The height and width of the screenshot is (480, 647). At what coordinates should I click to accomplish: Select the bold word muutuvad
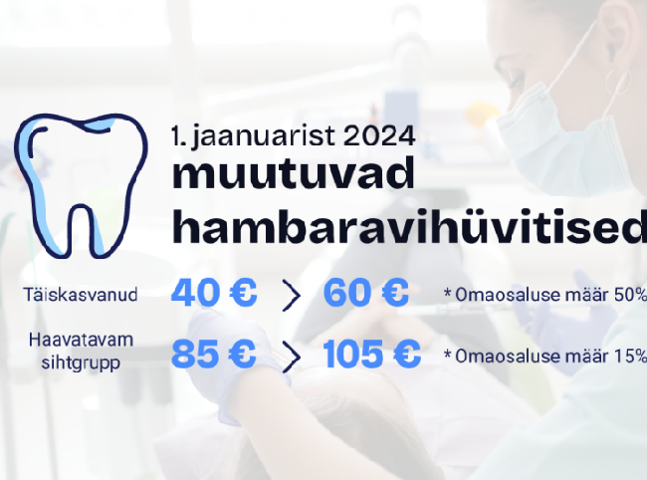[x=293, y=173]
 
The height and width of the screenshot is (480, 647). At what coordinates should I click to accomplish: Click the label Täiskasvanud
[x=81, y=295]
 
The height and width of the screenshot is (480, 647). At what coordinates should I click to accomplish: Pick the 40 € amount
[x=214, y=292]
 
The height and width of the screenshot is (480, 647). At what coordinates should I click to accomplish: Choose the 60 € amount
[x=366, y=292]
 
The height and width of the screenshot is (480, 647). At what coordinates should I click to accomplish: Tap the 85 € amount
[x=213, y=354]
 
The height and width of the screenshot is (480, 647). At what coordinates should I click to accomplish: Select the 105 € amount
[x=372, y=354]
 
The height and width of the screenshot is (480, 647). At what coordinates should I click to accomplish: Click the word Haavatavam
[x=81, y=341]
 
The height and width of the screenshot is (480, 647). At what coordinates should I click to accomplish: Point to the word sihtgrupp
[x=81, y=363]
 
